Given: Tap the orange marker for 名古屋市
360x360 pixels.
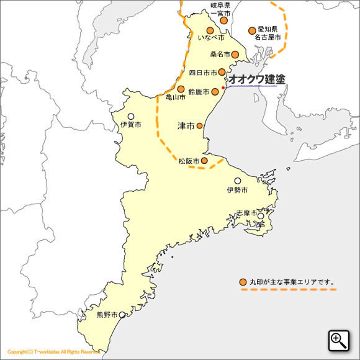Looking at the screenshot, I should coord(252,30).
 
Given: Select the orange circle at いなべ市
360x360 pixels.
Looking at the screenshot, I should coord(210,30).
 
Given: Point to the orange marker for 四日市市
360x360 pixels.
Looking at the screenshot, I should coord(222,72).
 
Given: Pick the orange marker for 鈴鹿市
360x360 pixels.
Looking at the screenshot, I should coord(215,91).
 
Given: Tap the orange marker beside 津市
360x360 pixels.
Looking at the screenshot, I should coord(200,125).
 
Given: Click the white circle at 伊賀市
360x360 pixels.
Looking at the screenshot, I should coord(131,116).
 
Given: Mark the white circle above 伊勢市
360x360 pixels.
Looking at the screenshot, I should coord(237,181).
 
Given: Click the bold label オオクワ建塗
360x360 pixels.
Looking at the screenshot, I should coord(257,79).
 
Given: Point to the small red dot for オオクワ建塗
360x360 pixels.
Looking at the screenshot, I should coord(223,88).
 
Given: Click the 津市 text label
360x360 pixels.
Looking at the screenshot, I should coord(186,126).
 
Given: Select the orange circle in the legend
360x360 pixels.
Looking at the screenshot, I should coord(243,282).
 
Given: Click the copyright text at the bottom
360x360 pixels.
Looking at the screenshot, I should coord(53,351).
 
